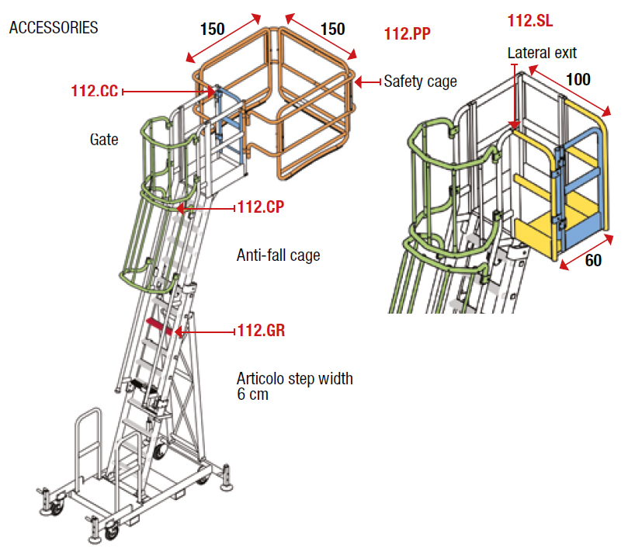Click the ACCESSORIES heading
pos(54,28)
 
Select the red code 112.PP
pos(407,33)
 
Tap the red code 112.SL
pos(530,21)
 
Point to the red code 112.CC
pos(94,92)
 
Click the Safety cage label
pos(420,81)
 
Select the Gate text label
pos(104,140)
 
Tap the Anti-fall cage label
pos(278,255)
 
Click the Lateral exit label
pos(542,54)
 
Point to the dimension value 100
pos(578,79)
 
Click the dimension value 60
pos(593,261)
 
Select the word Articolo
pos(261,379)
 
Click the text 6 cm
pos(252,394)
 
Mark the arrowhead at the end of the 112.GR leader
pos(179,332)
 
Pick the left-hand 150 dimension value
pos(212,30)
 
